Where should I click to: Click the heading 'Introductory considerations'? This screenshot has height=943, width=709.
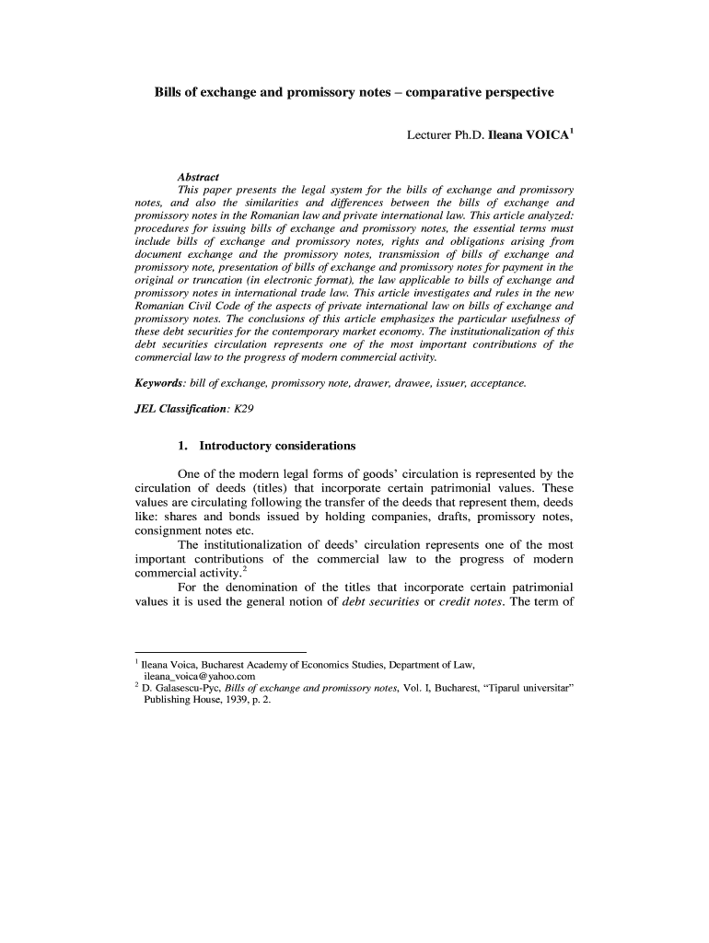(277, 446)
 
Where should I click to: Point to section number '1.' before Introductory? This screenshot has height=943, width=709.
(183, 446)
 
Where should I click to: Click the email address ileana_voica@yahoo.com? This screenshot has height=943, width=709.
(198, 675)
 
